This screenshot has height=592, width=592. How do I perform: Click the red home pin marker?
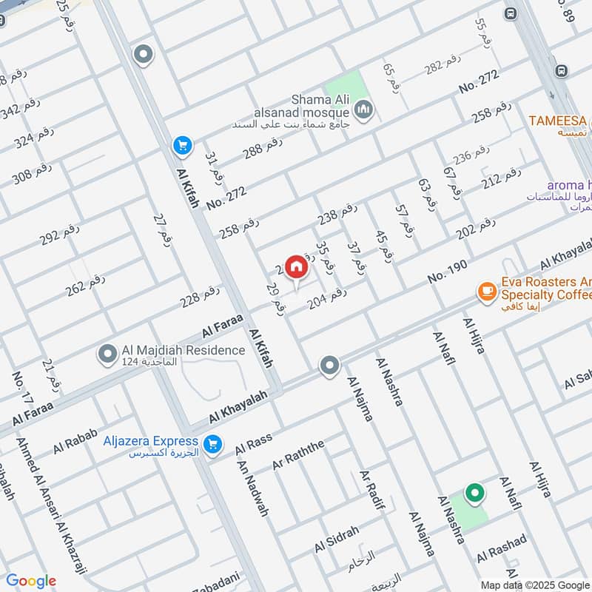click(x=296, y=266)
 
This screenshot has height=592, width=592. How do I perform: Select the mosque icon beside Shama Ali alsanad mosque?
click(x=363, y=111)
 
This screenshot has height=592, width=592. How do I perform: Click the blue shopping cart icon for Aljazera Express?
click(x=213, y=444)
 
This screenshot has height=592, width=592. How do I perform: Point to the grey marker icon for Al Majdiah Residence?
click(x=108, y=355)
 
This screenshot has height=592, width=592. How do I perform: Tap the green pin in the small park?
click(x=474, y=492)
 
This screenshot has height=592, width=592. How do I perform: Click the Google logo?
click(x=30, y=581)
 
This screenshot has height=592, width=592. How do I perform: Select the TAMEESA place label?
click(x=557, y=121)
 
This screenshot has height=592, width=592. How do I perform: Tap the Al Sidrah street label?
click(x=337, y=539)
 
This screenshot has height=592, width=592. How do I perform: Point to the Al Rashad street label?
click(x=502, y=548)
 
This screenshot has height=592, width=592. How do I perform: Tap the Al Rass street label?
click(x=254, y=445)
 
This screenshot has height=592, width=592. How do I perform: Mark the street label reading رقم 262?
click(x=85, y=286)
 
